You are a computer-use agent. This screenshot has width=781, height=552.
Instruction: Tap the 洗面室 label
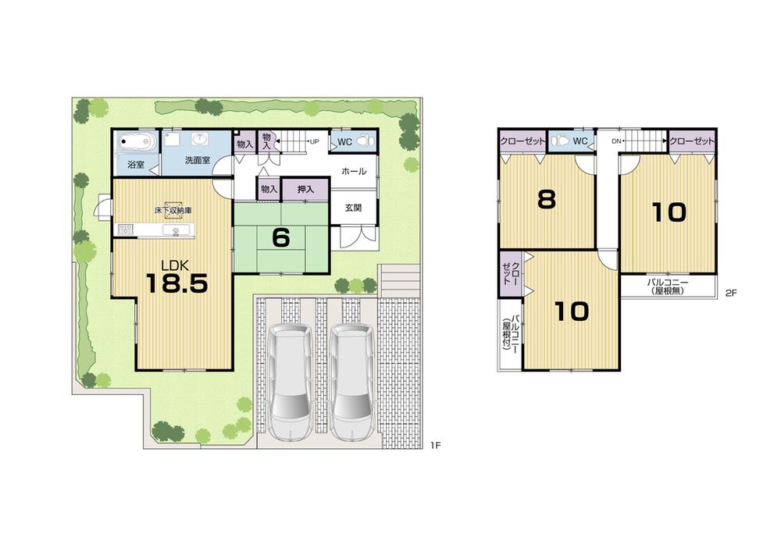[198, 160]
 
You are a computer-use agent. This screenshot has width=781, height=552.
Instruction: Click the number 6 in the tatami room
[280, 237]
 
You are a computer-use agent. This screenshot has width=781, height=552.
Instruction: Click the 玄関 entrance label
[351, 208]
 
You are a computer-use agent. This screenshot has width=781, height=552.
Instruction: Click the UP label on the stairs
[314, 142]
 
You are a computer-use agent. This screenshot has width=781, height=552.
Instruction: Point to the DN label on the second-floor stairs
[615, 141]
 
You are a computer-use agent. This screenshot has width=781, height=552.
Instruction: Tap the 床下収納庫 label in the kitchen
[173, 211]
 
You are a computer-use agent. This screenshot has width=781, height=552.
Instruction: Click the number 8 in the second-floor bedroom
[546, 200]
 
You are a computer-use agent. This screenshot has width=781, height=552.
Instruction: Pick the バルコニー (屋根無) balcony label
[669, 286]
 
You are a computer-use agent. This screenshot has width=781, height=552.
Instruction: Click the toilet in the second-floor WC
[559, 141]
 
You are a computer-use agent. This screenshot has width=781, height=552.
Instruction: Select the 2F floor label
[731, 294]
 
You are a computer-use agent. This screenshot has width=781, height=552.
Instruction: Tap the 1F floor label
[435, 446]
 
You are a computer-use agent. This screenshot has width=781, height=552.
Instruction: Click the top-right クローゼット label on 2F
[693, 141]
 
